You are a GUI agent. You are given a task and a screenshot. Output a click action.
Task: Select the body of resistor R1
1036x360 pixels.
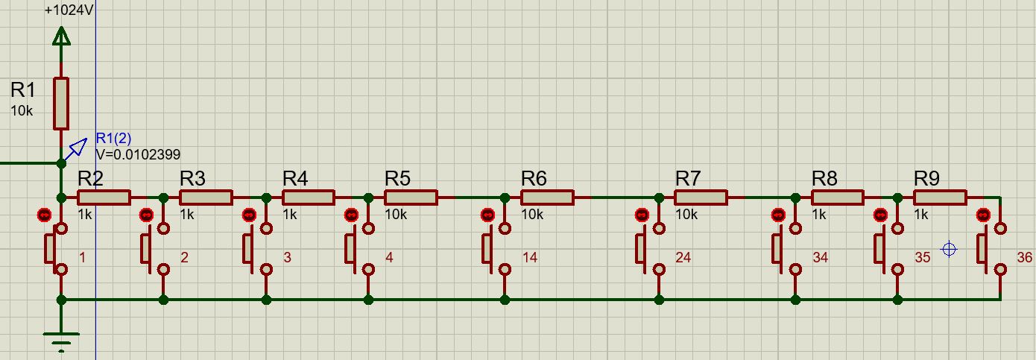[x=61, y=103]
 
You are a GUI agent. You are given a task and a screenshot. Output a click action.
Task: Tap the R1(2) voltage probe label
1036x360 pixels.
[x=113, y=139]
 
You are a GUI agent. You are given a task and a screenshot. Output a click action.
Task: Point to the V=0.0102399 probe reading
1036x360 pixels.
[x=138, y=154]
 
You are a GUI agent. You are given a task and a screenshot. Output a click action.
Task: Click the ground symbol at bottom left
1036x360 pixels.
[x=61, y=342]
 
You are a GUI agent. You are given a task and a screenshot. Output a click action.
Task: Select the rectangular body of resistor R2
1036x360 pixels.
[x=104, y=198]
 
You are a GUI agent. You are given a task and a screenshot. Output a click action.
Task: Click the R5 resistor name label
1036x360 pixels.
[x=397, y=179]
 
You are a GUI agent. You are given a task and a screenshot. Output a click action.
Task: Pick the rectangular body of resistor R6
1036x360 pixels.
[x=547, y=198]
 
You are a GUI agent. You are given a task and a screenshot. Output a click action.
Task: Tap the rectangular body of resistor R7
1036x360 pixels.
[x=701, y=198]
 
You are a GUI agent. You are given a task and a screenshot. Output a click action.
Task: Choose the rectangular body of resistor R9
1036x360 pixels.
[x=940, y=198]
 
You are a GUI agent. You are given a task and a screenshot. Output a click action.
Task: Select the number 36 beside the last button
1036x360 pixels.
[x=1024, y=258]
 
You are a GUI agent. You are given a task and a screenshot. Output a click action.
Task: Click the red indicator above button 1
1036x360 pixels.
[x=43, y=215]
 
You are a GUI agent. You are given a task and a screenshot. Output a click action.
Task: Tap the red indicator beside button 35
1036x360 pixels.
[x=880, y=215]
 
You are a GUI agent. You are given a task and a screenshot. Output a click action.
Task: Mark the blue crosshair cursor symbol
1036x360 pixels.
[x=949, y=249]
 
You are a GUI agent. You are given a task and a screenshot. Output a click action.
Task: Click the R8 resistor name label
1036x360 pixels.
[x=824, y=179]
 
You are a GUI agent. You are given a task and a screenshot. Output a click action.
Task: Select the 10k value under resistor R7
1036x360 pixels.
[x=686, y=215]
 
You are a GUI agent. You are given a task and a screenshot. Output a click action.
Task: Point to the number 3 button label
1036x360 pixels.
[x=287, y=258]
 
